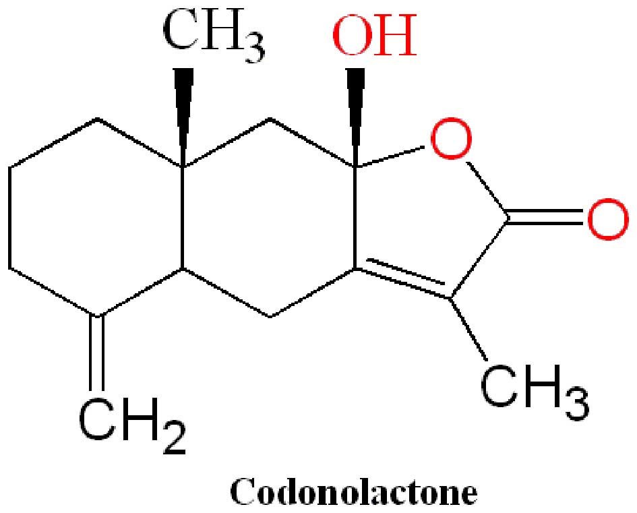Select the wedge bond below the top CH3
183,111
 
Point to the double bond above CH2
98,351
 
